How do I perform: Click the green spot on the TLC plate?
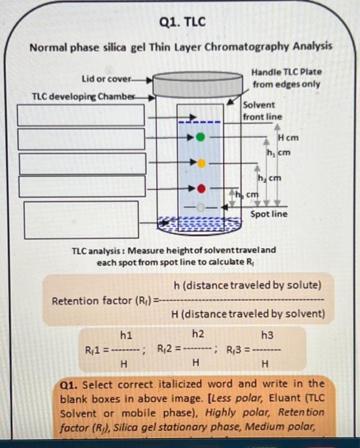[201, 137]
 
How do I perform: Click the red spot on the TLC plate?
[201, 189]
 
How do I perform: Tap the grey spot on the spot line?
[201, 208]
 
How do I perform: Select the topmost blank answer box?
[81, 115]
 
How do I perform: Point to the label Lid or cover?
[106, 79]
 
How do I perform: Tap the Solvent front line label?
[261, 110]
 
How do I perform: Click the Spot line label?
[268, 214]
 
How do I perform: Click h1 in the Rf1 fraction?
[126, 335]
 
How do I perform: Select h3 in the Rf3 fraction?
[266, 335]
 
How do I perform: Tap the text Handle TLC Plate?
[286, 72]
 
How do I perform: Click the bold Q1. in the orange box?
[69, 384]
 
